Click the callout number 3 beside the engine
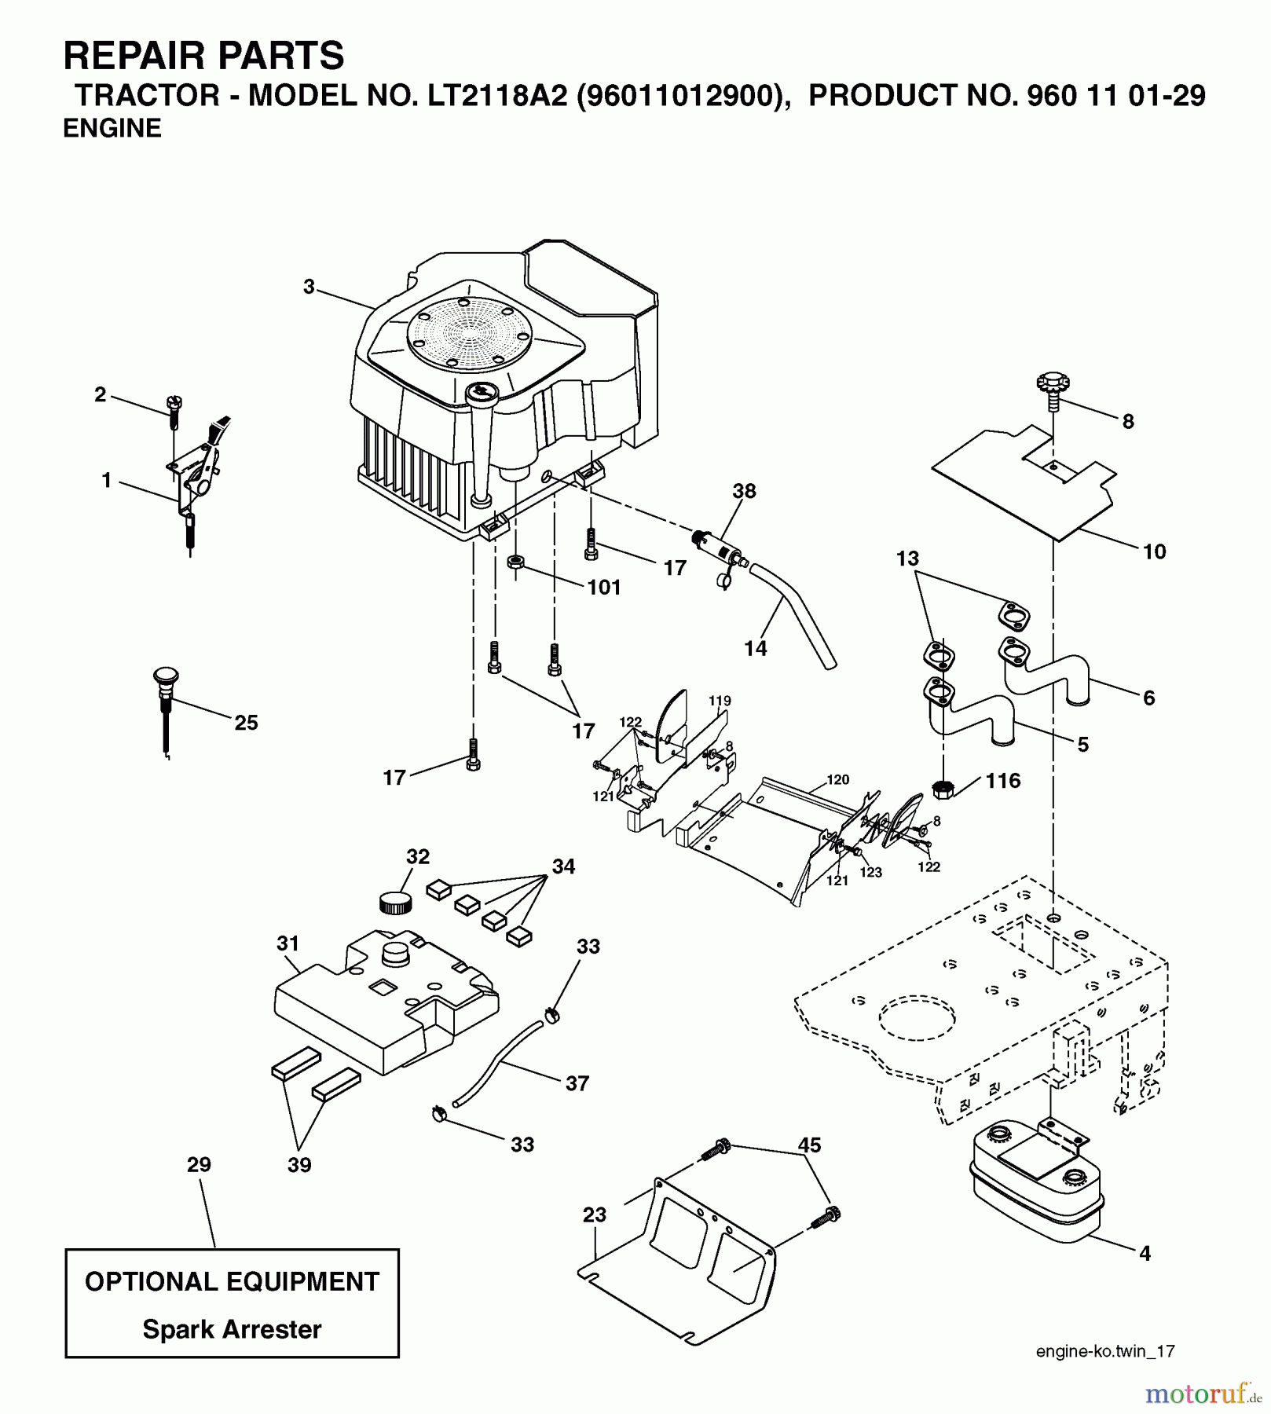310,288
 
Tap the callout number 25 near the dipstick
246,723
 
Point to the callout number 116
1003,780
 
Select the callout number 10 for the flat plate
1154,551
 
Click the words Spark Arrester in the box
232,1329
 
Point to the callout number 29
199,1164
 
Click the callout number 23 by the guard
595,1215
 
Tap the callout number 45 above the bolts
809,1145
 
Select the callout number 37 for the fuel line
577,1083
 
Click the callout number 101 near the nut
604,587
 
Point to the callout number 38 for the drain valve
744,491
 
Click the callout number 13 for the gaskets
907,559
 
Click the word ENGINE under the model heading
112,128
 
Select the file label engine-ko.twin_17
1105,1351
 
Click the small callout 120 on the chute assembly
838,779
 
